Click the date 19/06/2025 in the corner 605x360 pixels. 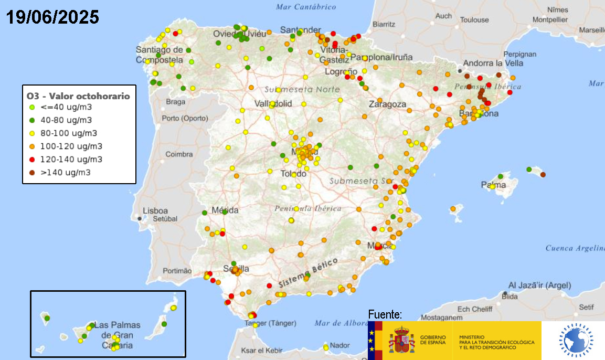[52, 17]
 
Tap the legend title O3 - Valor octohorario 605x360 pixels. [78, 96]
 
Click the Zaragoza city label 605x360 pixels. [387, 104]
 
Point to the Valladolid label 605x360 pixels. [273, 103]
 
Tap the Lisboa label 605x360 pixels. [155, 210]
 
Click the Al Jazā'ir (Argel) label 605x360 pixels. [539, 285]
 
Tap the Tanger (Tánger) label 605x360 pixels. [271, 323]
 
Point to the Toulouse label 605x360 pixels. [474, 20]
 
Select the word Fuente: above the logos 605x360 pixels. [385, 315]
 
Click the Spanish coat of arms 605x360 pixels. [401, 340]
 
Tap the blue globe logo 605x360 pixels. [576, 340]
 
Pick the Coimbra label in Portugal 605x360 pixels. [179, 154]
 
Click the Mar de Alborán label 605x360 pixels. [341, 323]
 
